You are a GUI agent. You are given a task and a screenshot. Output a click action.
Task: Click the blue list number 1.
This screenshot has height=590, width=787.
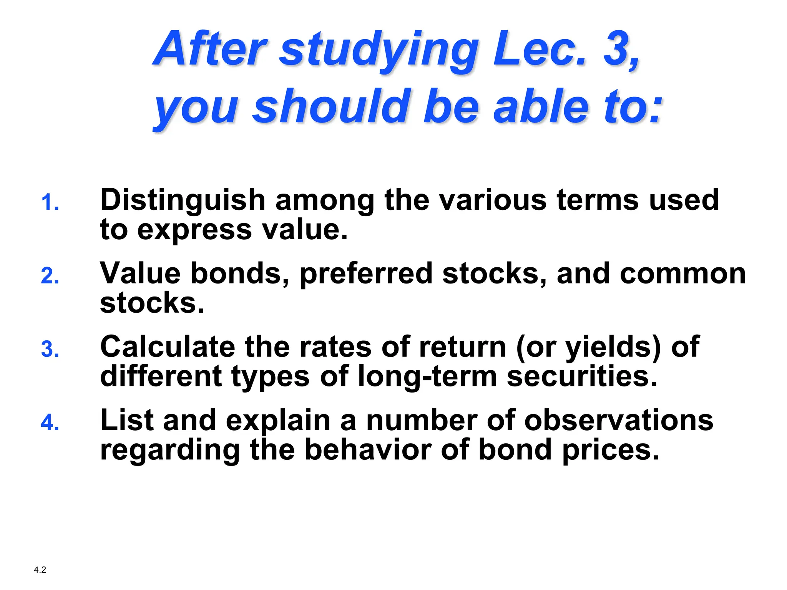pos(50,202)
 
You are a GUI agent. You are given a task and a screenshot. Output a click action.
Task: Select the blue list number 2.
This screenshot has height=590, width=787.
pos(50,276)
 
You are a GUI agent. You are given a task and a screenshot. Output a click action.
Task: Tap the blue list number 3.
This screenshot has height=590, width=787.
pos(50,350)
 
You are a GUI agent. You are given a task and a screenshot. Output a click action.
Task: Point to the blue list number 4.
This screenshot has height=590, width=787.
pos(50,423)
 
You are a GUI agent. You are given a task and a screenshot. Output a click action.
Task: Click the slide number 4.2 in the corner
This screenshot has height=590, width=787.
pos(40,570)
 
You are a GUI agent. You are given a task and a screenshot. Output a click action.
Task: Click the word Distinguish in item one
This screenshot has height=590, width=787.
pos(183,200)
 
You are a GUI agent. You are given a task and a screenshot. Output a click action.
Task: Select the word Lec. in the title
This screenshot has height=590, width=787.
pos(540,49)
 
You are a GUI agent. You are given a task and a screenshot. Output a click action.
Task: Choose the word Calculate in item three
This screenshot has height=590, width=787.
pos(168,346)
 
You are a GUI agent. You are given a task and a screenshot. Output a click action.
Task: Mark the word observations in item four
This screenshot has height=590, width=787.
pos(619,420)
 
